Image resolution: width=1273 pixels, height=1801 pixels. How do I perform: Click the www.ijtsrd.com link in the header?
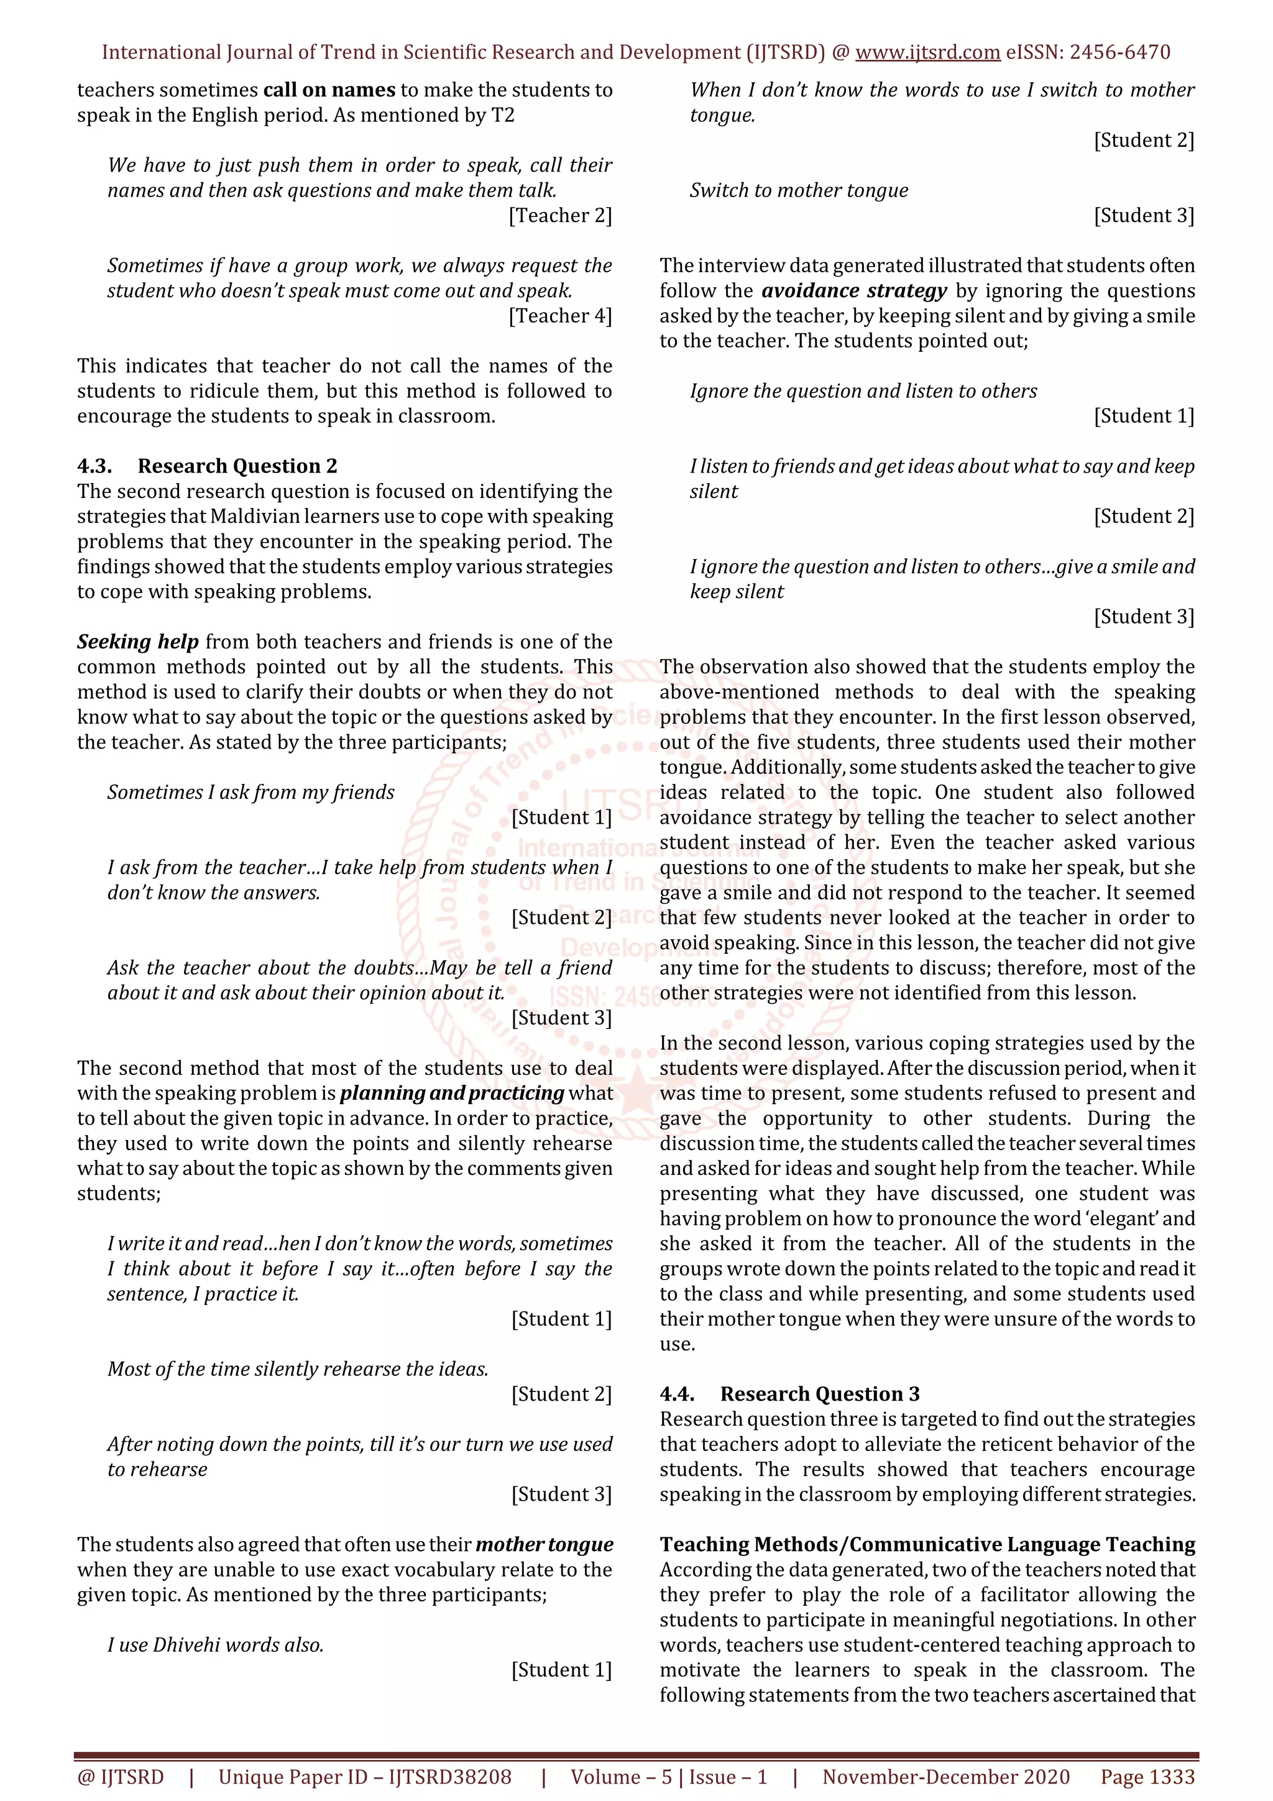pyautogui.click(x=927, y=53)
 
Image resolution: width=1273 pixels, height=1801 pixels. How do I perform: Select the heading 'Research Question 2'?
pyautogui.click(x=237, y=466)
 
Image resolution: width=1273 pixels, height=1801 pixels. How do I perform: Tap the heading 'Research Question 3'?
pyautogui.click(x=820, y=1394)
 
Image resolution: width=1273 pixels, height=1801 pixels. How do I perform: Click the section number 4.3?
pyautogui.click(x=94, y=466)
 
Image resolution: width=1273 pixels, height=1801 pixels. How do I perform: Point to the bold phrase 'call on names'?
pyautogui.click(x=329, y=90)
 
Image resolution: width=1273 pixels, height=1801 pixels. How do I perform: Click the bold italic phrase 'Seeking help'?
pyautogui.click(x=137, y=642)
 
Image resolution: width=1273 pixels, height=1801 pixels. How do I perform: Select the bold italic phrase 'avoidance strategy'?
pyautogui.click(x=854, y=291)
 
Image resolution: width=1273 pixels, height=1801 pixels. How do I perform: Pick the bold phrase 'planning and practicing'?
pyautogui.click(x=452, y=1094)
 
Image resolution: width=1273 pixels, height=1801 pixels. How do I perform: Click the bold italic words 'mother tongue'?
pyautogui.click(x=545, y=1544)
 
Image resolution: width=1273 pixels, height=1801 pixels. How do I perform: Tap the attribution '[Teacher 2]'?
pyautogui.click(x=560, y=216)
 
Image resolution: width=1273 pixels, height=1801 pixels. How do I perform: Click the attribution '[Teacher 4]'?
pyautogui.click(x=560, y=316)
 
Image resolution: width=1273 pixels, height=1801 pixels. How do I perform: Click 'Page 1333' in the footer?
pyautogui.click(x=1147, y=1777)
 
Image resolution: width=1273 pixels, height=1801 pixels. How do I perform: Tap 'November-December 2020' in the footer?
pyautogui.click(x=946, y=1777)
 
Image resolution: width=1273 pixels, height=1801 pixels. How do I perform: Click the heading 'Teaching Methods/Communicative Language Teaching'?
pyautogui.click(x=927, y=1544)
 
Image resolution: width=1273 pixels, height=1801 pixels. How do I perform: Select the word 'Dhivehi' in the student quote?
pyautogui.click(x=185, y=1645)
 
